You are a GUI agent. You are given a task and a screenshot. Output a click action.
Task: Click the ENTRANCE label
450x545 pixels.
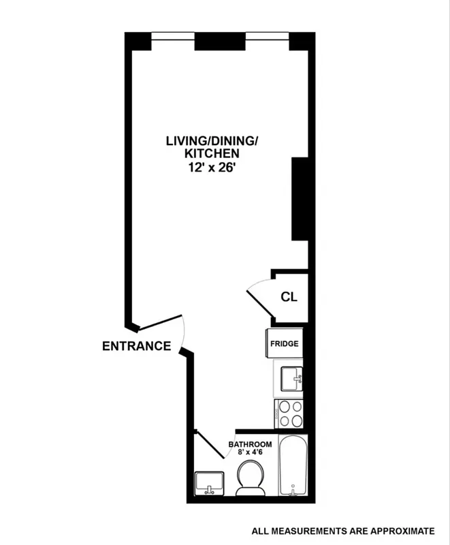[136, 346]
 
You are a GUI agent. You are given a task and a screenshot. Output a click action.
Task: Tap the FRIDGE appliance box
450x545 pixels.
[284, 344]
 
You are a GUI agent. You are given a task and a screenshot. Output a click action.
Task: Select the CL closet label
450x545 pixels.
[289, 298]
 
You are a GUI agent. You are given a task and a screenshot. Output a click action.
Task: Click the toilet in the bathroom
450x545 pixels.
[249, 478]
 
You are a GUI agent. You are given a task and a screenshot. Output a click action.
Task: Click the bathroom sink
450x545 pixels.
[209, 483]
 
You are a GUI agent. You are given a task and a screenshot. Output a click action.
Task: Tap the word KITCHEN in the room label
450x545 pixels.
[212, 154]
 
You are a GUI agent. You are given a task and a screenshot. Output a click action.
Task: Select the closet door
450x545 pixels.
[260, 304]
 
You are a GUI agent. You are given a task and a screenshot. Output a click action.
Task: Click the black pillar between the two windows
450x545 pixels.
[220, 41]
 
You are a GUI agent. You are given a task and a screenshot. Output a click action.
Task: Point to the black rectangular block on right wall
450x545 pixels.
[300, 198]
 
